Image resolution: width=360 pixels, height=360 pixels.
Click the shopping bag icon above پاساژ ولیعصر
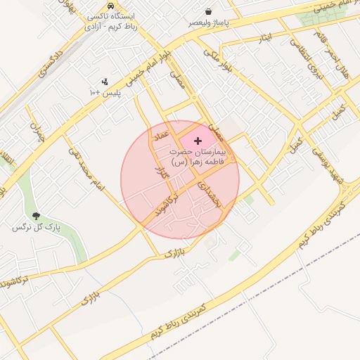point(209,11)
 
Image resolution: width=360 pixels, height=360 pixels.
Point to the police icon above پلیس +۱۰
point(105,82)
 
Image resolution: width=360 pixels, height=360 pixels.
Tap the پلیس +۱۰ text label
point(105,93)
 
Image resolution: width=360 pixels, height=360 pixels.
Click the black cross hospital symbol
point(198,141)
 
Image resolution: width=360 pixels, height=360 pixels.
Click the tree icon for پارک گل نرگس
point(36,216)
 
